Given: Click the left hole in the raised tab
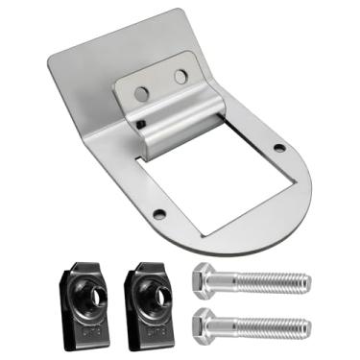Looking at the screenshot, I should (x=142, y=93).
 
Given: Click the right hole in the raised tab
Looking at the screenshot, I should (x=181, y=76).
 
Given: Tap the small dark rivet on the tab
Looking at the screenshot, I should (x=141, y=123).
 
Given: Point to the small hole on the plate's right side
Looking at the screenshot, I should (x=279, y=148).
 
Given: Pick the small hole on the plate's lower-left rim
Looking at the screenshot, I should (x=159, y=214).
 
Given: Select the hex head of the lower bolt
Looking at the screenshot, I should (x=207, y=325).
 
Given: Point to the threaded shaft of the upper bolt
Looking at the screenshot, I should (x=269, y=281).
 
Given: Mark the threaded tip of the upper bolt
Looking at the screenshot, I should (x=305, y=282).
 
